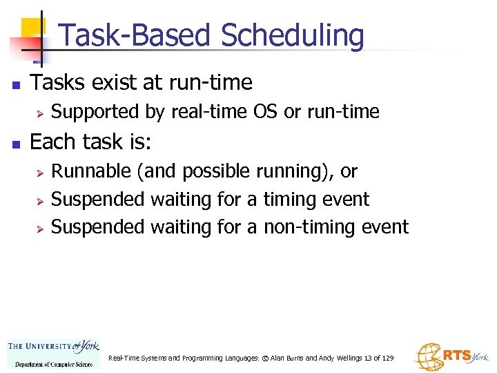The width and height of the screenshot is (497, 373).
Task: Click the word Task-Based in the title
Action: (x=135, y=36)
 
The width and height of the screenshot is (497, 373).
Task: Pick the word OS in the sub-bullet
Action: (x=266, y=111)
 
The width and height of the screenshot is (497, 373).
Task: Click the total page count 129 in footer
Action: (x=387, y=358)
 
